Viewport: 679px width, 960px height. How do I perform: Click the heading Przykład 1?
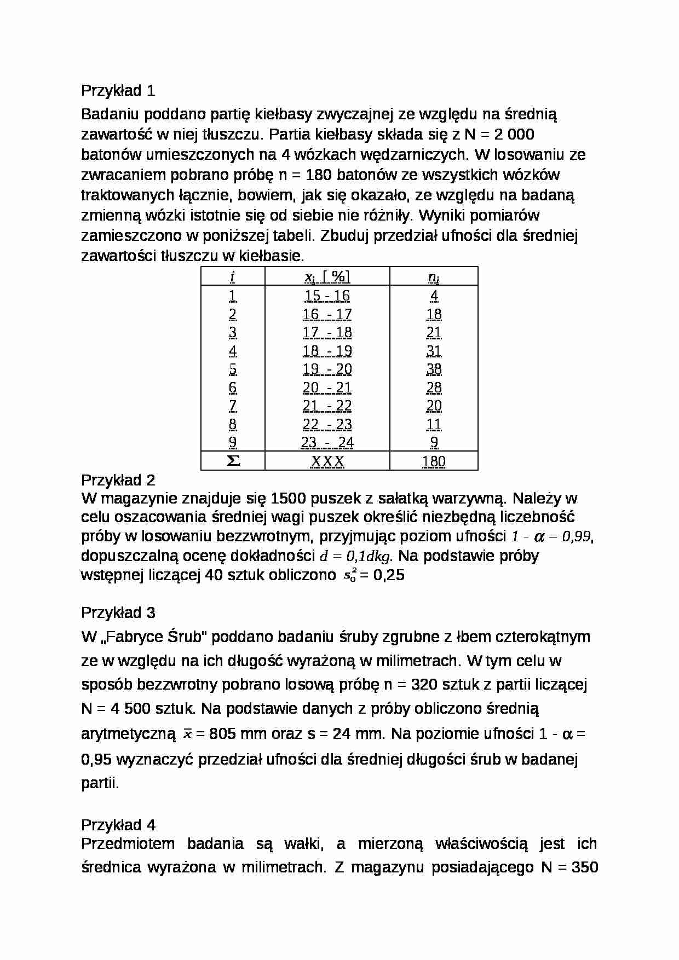click(x=118, y=90)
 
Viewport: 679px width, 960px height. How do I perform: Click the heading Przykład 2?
click(x=118, y=480)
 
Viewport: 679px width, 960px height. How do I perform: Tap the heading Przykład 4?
click(x=118, y=825)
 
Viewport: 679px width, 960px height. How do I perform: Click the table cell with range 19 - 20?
click(x=327, y=369)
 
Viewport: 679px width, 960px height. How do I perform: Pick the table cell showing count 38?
click(x=434, y=369)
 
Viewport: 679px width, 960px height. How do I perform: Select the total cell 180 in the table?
click(x=434, y=461)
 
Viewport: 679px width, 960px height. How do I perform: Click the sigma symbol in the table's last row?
click(x=233, y=461)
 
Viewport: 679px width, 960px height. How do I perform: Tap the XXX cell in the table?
click(x=327, y=461)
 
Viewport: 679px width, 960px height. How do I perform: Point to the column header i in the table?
click(x=233, y=277)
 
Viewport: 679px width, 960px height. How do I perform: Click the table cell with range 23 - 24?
click(x=327, y=442)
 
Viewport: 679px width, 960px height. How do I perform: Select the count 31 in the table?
click(x=434, y=351)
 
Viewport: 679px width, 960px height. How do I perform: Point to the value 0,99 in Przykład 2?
click(x=577, y=537)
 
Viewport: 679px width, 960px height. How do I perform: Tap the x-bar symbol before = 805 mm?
click(x=187, y=734)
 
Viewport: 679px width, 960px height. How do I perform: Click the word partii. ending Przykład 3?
click(x=100, y=783)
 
